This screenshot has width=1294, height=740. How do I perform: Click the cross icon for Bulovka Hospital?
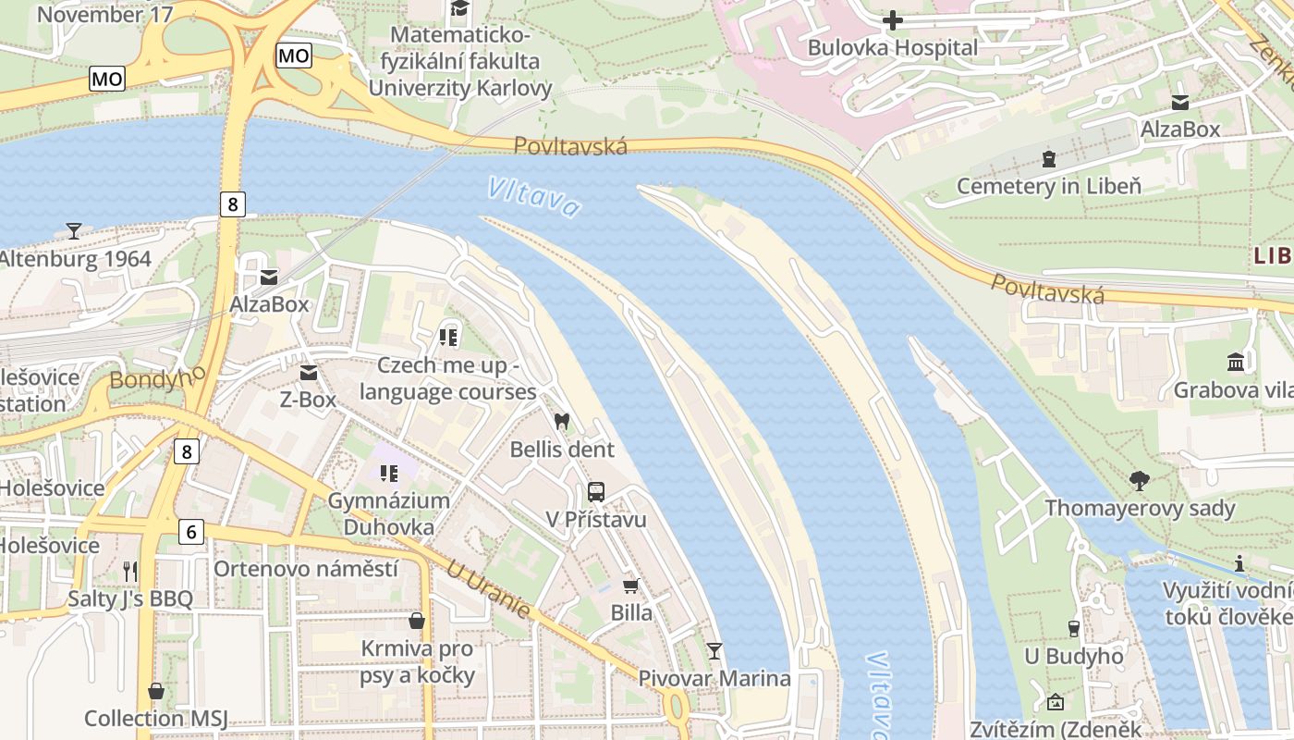893,19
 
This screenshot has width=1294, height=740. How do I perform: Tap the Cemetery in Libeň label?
1048,186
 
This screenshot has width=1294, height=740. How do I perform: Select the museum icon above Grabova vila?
1236,361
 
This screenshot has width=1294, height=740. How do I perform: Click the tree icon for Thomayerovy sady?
1140,480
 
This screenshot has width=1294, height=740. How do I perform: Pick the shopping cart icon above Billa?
631,586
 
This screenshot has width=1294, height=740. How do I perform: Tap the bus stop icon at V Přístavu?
596,491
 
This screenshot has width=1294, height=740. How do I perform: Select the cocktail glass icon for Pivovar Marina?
714,650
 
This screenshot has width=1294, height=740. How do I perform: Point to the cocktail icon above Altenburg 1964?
74,230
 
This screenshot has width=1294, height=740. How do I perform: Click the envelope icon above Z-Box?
308,372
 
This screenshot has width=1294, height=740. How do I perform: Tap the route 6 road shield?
190,531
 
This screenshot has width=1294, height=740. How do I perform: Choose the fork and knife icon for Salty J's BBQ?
130,570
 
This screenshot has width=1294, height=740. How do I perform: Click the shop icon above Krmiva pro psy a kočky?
417,620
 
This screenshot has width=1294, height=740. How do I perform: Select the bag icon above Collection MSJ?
155,691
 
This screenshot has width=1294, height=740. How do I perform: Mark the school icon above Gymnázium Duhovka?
389,474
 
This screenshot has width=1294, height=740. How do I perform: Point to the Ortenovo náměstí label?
305,568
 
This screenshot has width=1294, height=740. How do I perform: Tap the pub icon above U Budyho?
1073,629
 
